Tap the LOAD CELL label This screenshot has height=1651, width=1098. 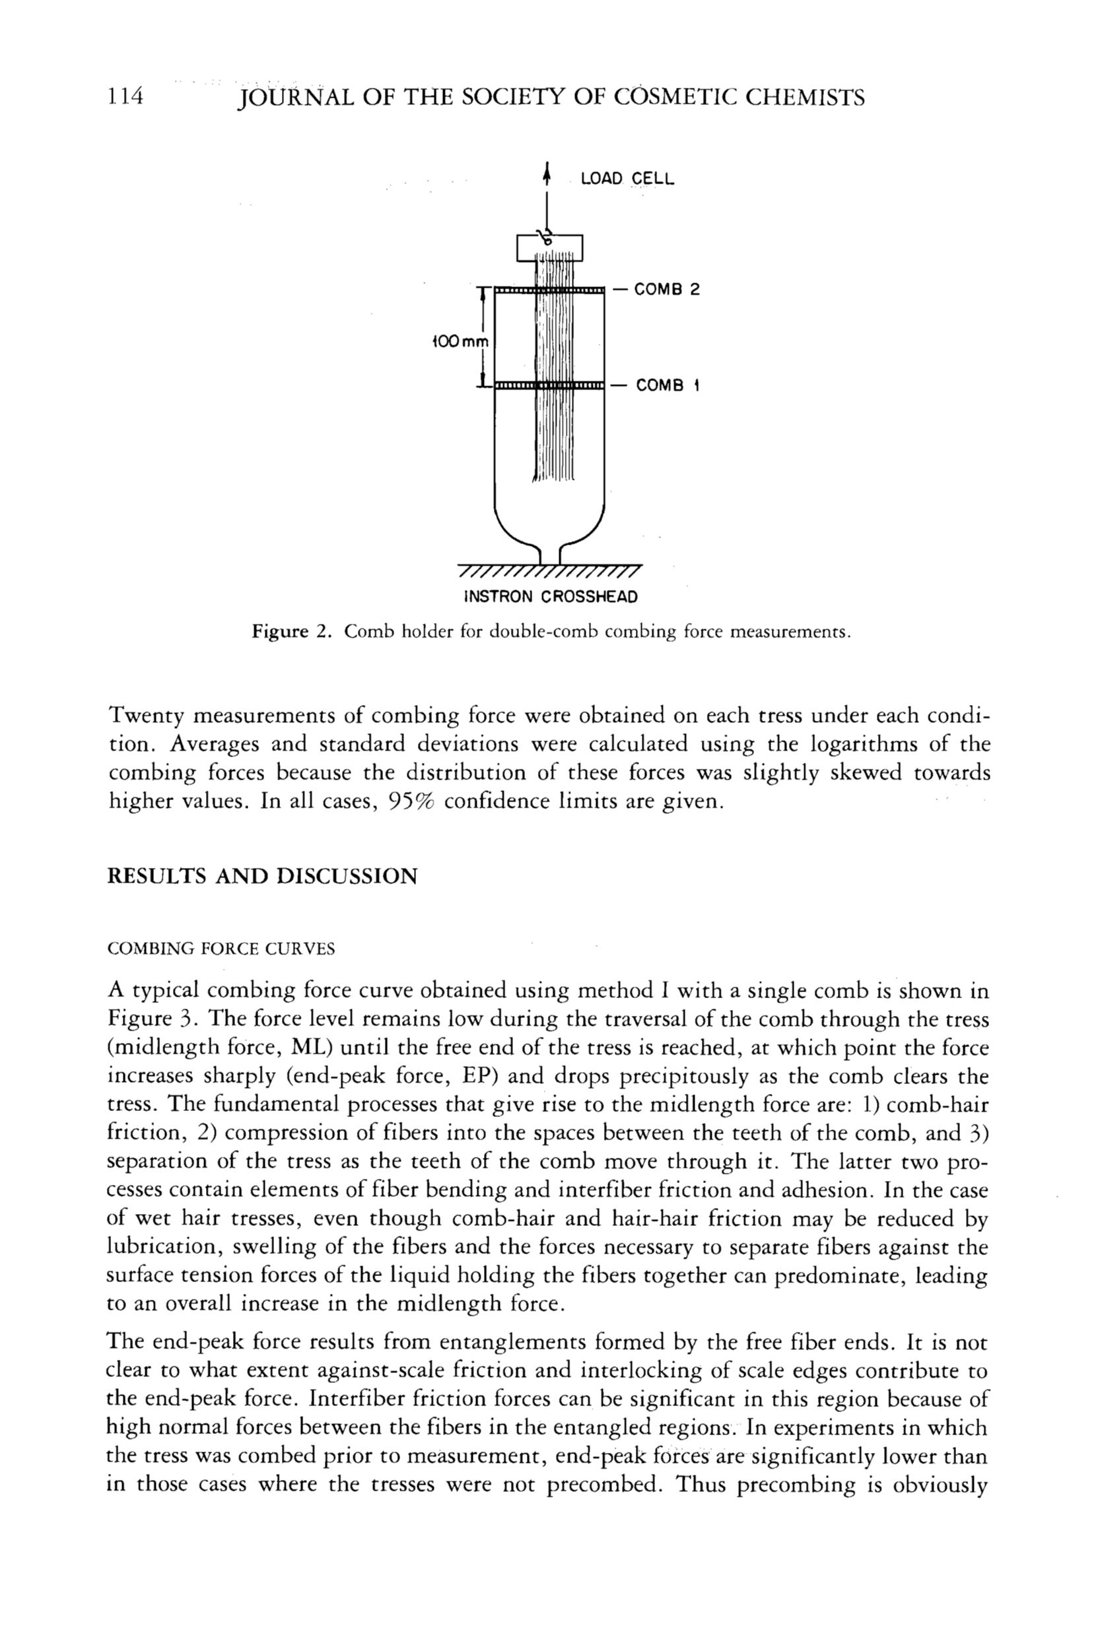[627, 180]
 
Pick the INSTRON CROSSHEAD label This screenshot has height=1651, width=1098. [551, 597]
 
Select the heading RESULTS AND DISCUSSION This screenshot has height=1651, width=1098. [262, 876]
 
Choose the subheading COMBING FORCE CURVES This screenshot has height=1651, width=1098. [221, 949]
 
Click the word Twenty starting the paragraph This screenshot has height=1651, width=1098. [145, 716]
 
